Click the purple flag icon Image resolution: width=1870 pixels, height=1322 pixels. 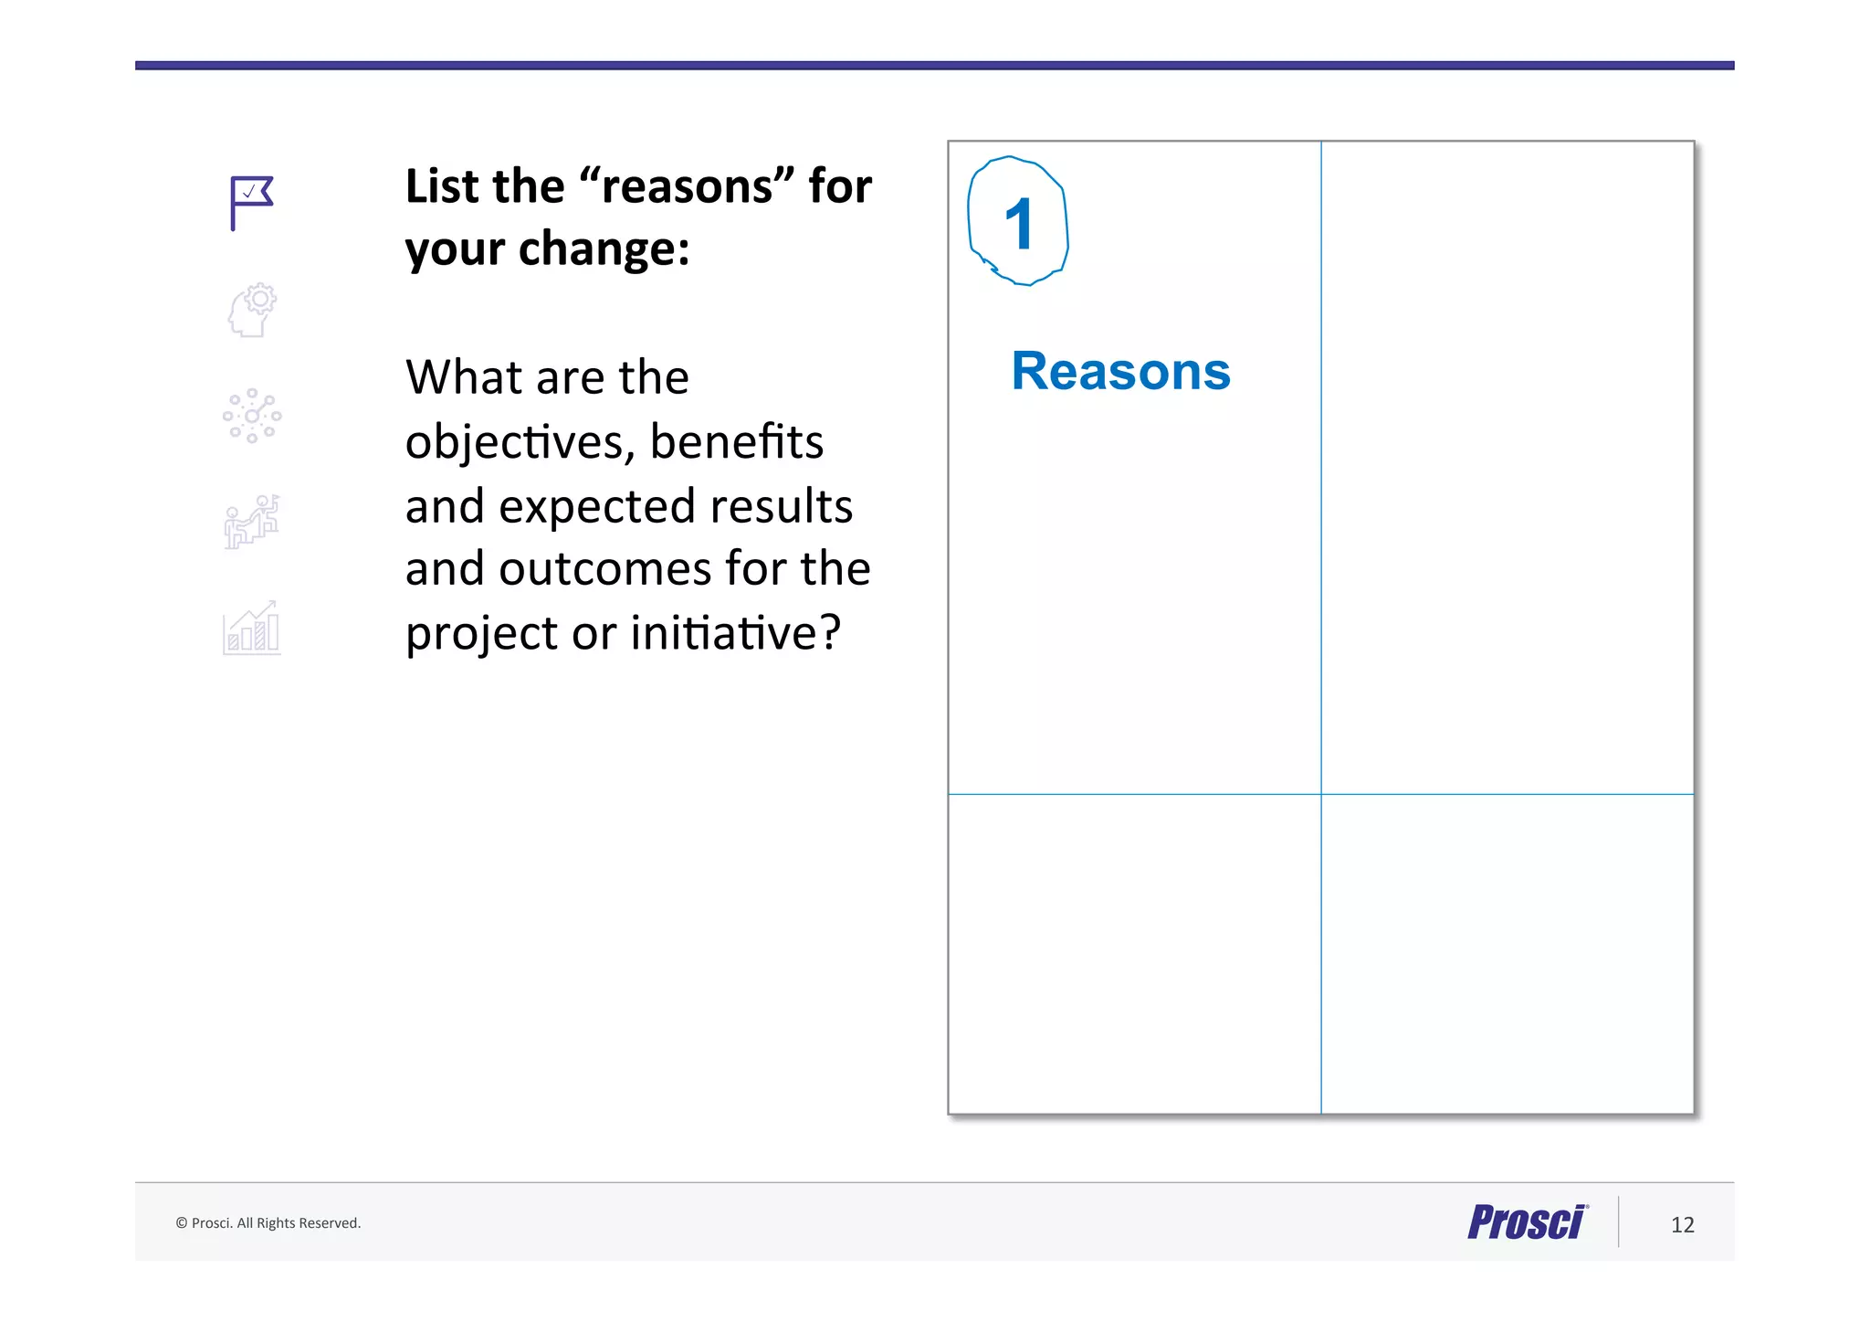(251, 202)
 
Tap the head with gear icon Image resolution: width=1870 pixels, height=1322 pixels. (252, 310)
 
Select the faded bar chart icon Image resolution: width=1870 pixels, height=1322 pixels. (252, 629)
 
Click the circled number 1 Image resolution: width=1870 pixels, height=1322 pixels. (1018, 222)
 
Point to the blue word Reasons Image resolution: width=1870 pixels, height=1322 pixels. (1120, 372)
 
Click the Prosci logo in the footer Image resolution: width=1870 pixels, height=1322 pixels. (1527, 1222)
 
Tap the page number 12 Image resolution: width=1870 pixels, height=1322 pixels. (1682, 1225)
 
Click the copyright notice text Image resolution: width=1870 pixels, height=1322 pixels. (268, 1223)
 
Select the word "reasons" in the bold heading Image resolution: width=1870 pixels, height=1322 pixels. (688, 186)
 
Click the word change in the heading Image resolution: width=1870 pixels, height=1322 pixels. (603, 249)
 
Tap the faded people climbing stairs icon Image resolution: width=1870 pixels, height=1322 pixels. (252, 522)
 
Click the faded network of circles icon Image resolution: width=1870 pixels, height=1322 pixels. (252, 416)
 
